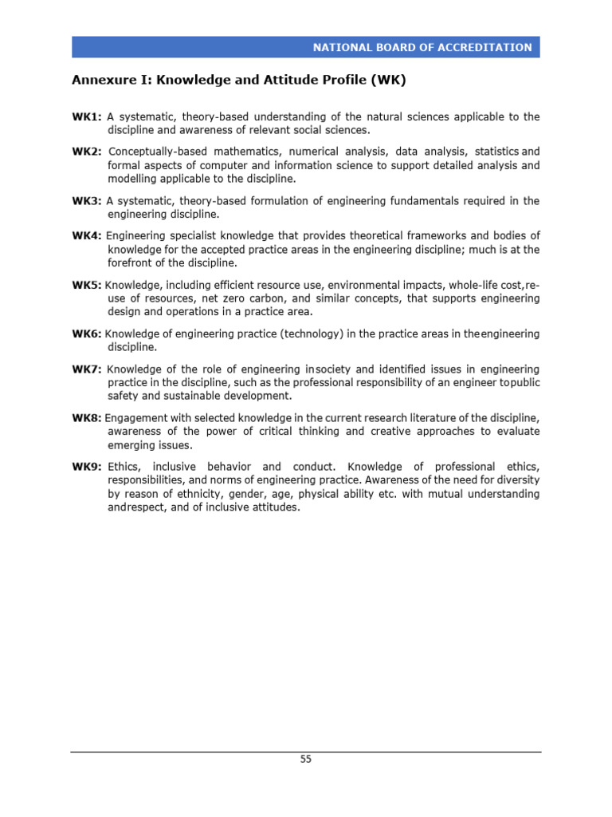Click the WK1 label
(87, 117)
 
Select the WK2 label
(87, 152)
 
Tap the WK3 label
(87, 201)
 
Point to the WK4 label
(87, 235)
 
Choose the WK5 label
(87, 285)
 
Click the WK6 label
(87, 334)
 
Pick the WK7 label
(87, 369)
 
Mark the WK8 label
(87, 417)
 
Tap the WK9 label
(87, 467)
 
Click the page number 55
(306, 760)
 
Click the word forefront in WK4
(131, 262)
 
